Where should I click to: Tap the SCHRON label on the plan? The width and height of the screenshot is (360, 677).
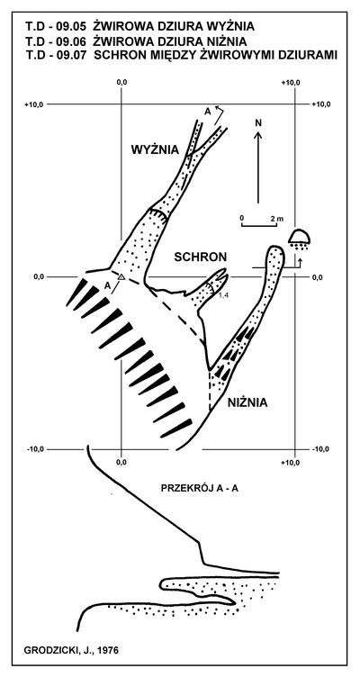201,257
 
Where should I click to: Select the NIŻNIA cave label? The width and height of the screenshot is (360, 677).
247,402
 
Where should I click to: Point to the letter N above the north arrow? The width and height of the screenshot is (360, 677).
258,122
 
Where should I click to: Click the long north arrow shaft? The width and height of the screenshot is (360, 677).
258,167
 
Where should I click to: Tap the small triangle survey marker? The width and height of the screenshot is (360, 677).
121,276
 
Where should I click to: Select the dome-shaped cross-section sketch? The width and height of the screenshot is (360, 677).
299,236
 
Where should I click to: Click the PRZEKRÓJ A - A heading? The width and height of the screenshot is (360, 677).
200,489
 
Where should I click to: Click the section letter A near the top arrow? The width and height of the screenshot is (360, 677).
208,112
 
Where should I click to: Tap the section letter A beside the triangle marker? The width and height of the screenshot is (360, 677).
107,285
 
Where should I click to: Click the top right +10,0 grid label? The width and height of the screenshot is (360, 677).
320,104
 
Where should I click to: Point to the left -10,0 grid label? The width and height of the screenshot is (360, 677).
36,449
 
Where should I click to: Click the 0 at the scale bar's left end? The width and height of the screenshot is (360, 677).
242,217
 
